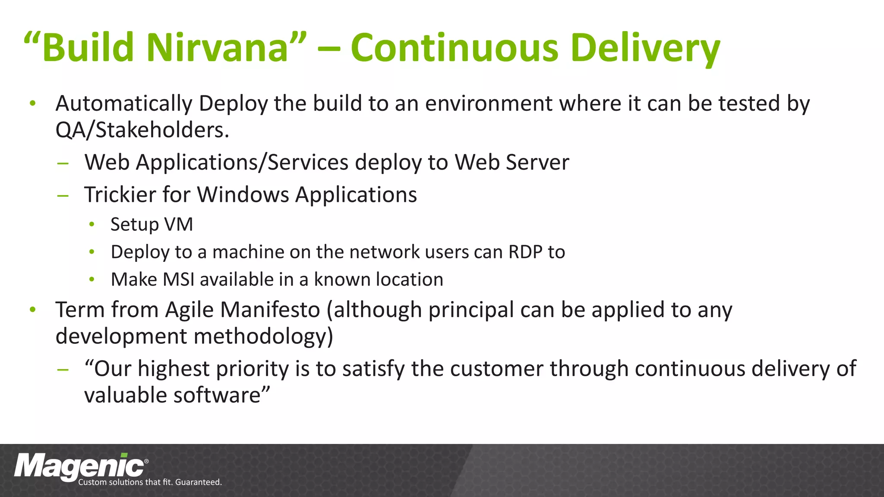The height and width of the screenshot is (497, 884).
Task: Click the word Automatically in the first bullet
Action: [x=124, y=104]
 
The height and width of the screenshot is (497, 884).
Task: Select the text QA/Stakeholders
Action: [x=142, y=130]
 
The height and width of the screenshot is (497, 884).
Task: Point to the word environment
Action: [x=489, y=104]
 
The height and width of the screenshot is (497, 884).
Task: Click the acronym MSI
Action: [x=178, y=280]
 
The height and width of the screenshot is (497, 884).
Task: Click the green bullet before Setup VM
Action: [x=92, y=224]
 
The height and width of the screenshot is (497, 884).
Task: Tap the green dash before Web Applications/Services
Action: [x=63, y=163]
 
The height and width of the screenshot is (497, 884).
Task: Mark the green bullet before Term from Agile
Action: [x=33, y=310]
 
